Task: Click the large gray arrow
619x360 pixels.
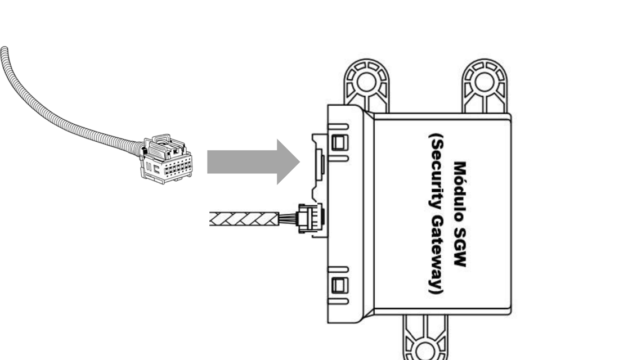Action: click(x=253, y=162)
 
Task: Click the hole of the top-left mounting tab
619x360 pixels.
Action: click(x=366, y=82)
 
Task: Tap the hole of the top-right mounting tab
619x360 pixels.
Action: click(x=485, y=82)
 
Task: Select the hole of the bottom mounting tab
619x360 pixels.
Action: click(x=425, y=352)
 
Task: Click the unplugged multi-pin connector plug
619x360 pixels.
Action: click(x=167, y=159)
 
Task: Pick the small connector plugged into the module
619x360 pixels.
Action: click(x=311, y=218)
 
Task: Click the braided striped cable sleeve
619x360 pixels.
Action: click(x=244, y=219)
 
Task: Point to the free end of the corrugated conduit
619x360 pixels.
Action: click(x=4, y=50)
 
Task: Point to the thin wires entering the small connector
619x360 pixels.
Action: click(x=289, y=218)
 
